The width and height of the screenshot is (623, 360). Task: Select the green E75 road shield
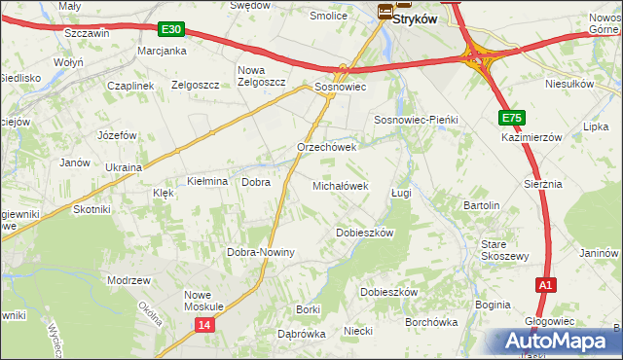(x=513, y=118)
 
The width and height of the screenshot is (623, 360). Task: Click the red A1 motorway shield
(x=546, y=284)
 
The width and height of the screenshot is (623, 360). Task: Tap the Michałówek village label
(x=340, y=185)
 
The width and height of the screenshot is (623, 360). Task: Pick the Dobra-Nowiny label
(x=261, y=252)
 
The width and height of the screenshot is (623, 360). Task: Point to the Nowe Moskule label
(x=204, y=300)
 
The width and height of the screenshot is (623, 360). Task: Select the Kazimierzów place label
(x=533, y=138)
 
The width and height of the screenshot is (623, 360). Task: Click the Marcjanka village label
(x=162, y=51)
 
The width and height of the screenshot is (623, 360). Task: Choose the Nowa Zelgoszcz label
(x=262, y=76)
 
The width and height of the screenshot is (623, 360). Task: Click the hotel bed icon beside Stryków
(x=385, y=12)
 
